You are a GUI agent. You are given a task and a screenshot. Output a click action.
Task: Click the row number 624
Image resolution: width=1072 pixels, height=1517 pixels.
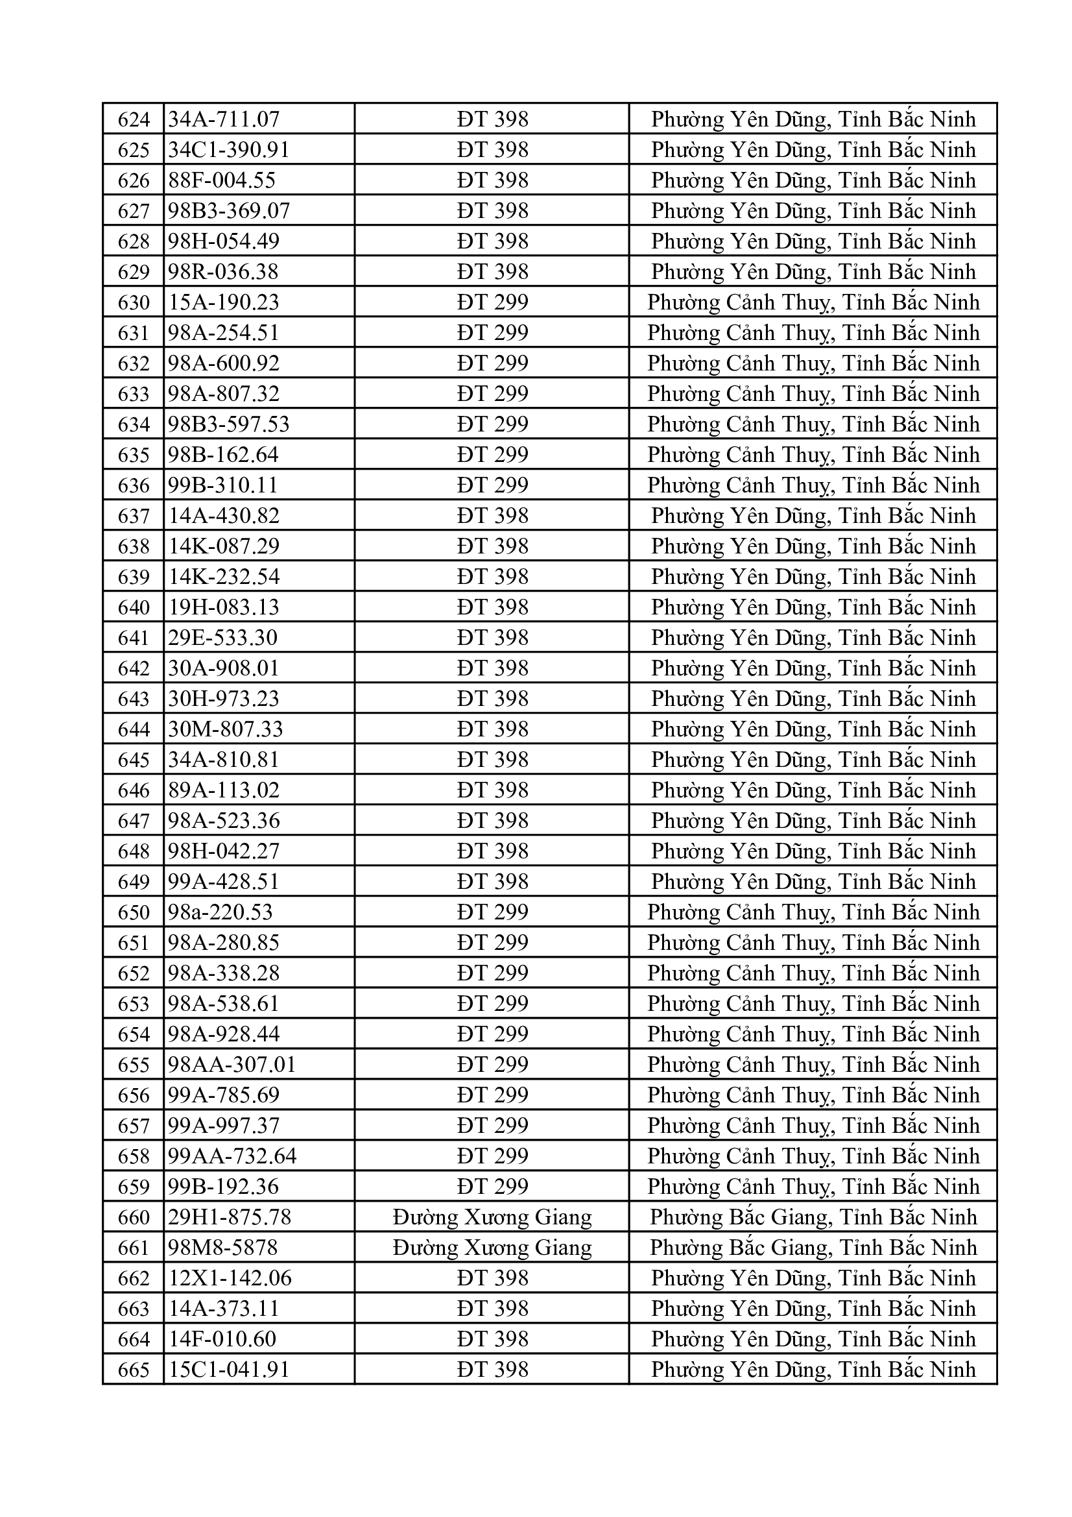134,119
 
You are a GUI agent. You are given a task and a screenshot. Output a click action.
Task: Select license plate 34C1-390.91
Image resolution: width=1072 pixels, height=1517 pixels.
228,150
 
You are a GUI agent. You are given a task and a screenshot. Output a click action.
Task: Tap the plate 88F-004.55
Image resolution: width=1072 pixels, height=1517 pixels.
222,180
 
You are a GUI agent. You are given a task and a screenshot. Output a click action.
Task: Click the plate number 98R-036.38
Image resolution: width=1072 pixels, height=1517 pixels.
223,272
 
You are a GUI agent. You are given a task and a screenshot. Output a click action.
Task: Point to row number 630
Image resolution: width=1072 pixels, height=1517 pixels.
134,302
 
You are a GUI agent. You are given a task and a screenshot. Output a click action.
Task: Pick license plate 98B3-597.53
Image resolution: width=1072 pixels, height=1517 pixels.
228,424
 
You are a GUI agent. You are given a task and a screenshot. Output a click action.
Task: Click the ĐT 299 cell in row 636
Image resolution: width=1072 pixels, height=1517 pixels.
492,485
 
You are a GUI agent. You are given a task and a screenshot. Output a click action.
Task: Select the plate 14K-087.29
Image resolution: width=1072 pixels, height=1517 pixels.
224,546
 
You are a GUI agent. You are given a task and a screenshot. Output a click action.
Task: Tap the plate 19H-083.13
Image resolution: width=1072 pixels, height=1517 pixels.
224,607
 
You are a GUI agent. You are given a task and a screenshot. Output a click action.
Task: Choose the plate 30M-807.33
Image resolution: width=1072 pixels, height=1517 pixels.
225,729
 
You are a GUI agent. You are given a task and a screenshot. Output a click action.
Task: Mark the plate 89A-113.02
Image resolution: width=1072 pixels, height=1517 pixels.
224,790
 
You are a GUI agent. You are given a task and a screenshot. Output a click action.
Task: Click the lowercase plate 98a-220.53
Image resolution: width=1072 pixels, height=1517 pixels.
220,912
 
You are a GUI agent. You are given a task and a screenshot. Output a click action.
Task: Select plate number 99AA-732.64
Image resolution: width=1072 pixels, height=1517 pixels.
233,1156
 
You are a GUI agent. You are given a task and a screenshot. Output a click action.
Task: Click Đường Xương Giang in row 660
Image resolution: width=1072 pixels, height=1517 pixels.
492,1217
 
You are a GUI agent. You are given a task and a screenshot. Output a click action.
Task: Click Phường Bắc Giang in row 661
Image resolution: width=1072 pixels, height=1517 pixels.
813,1248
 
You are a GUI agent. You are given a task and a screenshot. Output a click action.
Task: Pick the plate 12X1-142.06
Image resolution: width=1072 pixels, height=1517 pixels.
230,1278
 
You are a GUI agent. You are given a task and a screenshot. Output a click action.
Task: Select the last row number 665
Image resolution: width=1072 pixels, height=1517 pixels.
134,1370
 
